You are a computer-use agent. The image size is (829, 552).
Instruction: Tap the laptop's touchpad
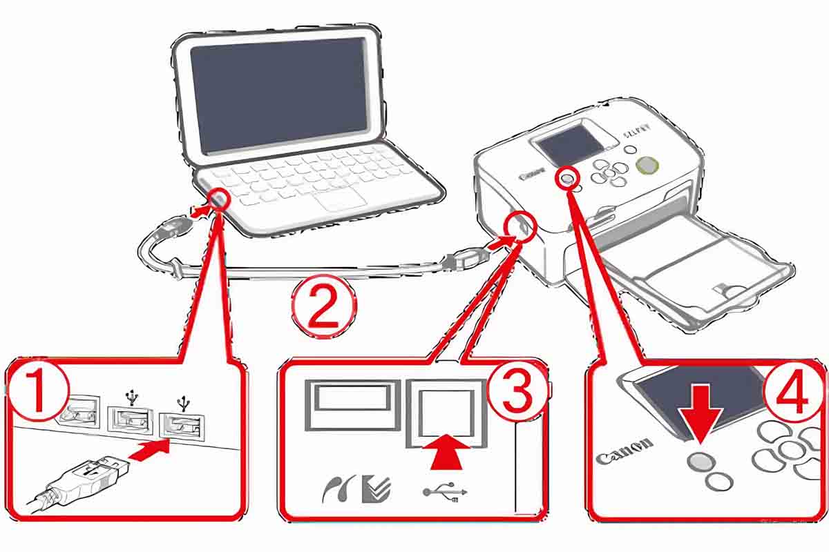(x=341, y=199)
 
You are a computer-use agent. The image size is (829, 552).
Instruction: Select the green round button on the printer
(x=647, y=165)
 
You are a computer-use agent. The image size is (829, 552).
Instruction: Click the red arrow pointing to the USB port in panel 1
(x=149, y=453)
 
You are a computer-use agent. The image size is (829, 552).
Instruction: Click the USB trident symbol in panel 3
(x=446, y=491)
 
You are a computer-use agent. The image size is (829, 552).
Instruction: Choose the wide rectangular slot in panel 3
(x=352, y=403)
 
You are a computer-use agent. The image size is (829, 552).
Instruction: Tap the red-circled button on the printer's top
(x=567, y=178)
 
